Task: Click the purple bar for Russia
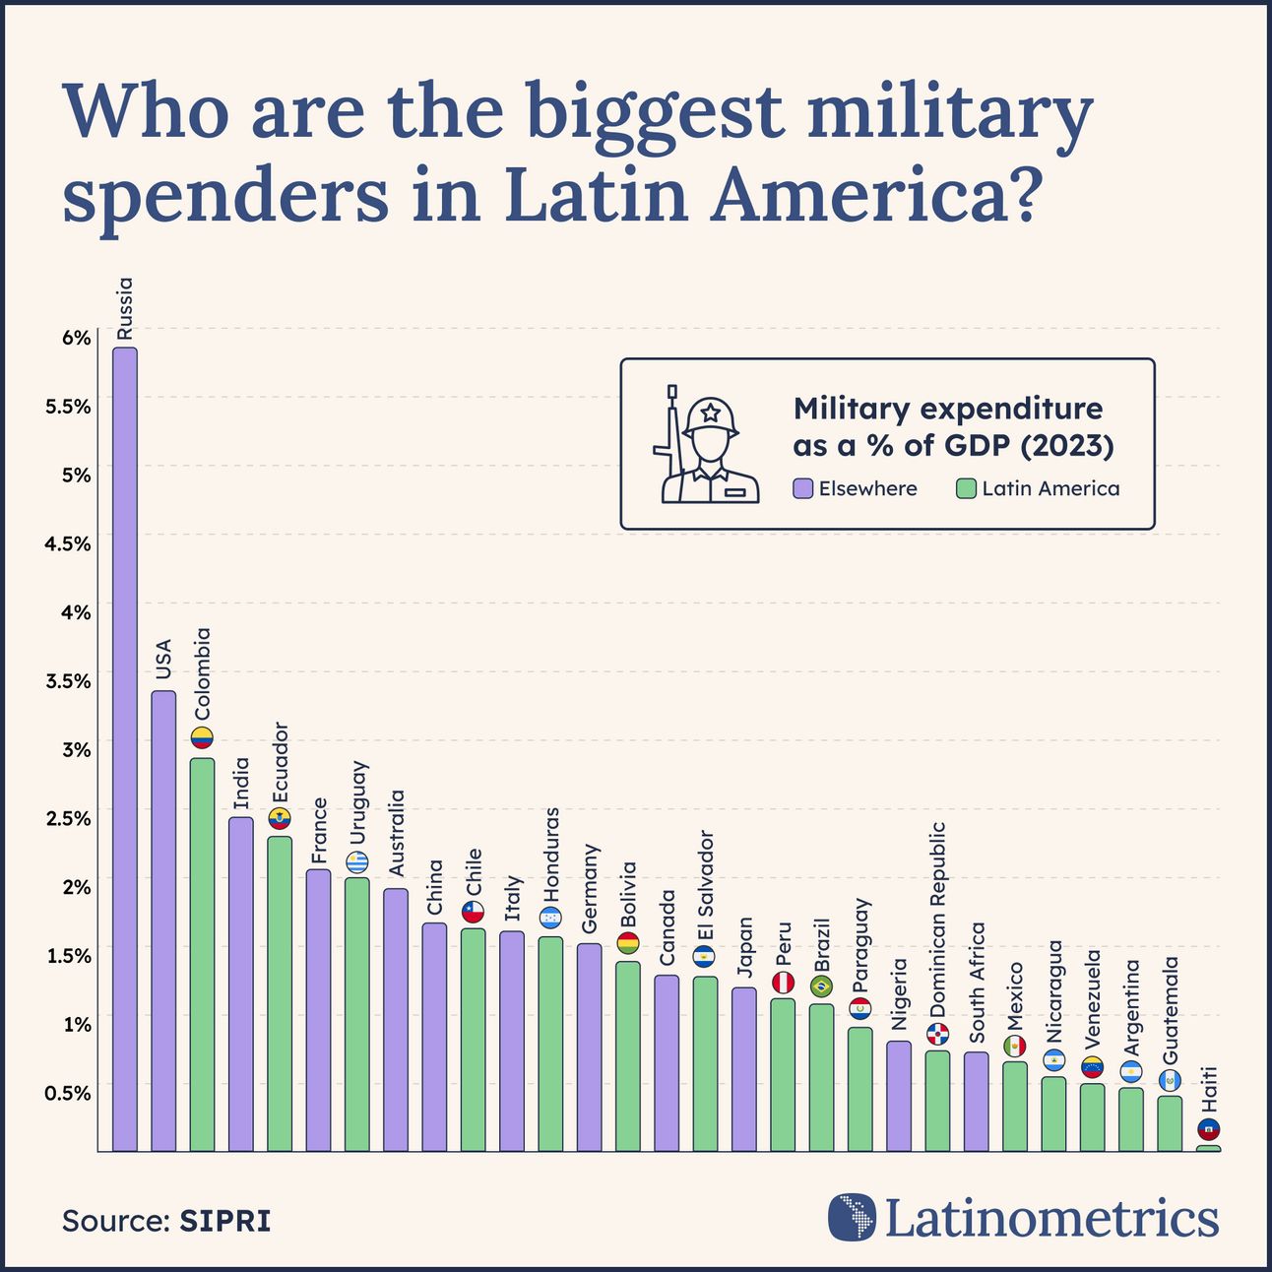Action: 124,748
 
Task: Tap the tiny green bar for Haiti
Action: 1208,1148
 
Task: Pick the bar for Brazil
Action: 821,1077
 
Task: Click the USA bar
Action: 163,921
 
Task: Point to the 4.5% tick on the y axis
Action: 68,543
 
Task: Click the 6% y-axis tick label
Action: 76,338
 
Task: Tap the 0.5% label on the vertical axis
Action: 68,1092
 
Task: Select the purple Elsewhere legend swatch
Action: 803,488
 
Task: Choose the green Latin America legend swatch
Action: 966,488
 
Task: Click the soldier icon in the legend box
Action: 705,444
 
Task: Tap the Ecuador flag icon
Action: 280,818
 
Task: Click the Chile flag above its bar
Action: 474,913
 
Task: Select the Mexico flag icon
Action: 1014,1046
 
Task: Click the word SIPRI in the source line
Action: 224,1221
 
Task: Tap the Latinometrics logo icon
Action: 852,1217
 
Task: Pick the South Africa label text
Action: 977,982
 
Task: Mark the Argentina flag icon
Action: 1131,1071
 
